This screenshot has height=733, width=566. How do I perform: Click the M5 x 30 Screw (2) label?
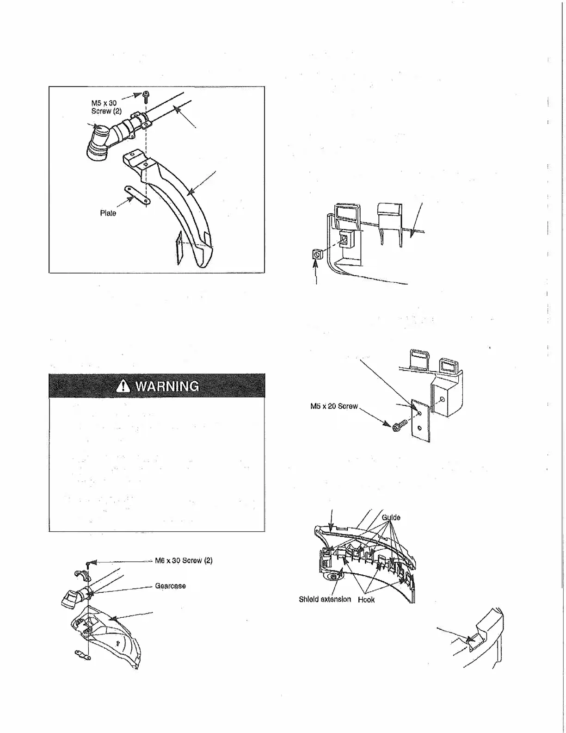tap(106, 107)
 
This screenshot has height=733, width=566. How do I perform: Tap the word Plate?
tap(108, 213)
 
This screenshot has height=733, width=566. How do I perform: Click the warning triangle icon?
tap(123, 385)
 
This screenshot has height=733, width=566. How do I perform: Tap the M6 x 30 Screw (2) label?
tap(184, 560)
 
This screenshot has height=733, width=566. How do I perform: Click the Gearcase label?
tap(170, 586)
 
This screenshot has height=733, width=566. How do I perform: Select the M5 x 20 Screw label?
tap(334, 406)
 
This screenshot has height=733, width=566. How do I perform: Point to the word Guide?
tap(391, 517)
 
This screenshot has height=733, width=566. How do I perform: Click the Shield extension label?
tap(325, 599)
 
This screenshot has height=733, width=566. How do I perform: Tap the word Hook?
tap(366, 599)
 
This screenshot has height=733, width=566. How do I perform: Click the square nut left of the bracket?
tap(317, 255)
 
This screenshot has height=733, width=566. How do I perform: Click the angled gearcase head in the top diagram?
tap(98, 144)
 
